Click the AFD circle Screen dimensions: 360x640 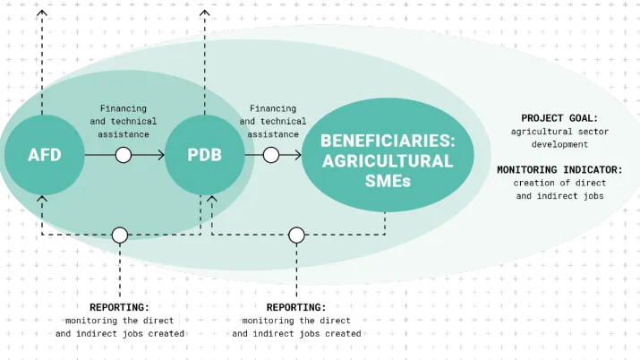click(45, 155)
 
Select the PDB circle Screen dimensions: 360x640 click(205, 155)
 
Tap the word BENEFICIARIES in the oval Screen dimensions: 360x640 click(387, 141)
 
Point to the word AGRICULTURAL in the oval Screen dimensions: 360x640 click(387, 161)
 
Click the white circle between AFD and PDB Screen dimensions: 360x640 click(124, 155)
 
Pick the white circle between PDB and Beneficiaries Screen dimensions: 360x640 click(269, 155)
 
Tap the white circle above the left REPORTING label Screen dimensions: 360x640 click(120, 235)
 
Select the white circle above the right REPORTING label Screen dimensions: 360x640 click(296, 235)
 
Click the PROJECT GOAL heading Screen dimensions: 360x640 click(559, 118)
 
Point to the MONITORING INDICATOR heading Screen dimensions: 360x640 click(559, 169)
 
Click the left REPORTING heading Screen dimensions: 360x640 click(119, 306)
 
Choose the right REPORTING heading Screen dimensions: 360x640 click(296, 306)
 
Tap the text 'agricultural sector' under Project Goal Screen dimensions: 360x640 click(559, 131)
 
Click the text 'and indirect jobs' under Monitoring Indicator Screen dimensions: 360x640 click(559, 195)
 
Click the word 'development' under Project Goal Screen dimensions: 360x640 click(559, 143)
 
